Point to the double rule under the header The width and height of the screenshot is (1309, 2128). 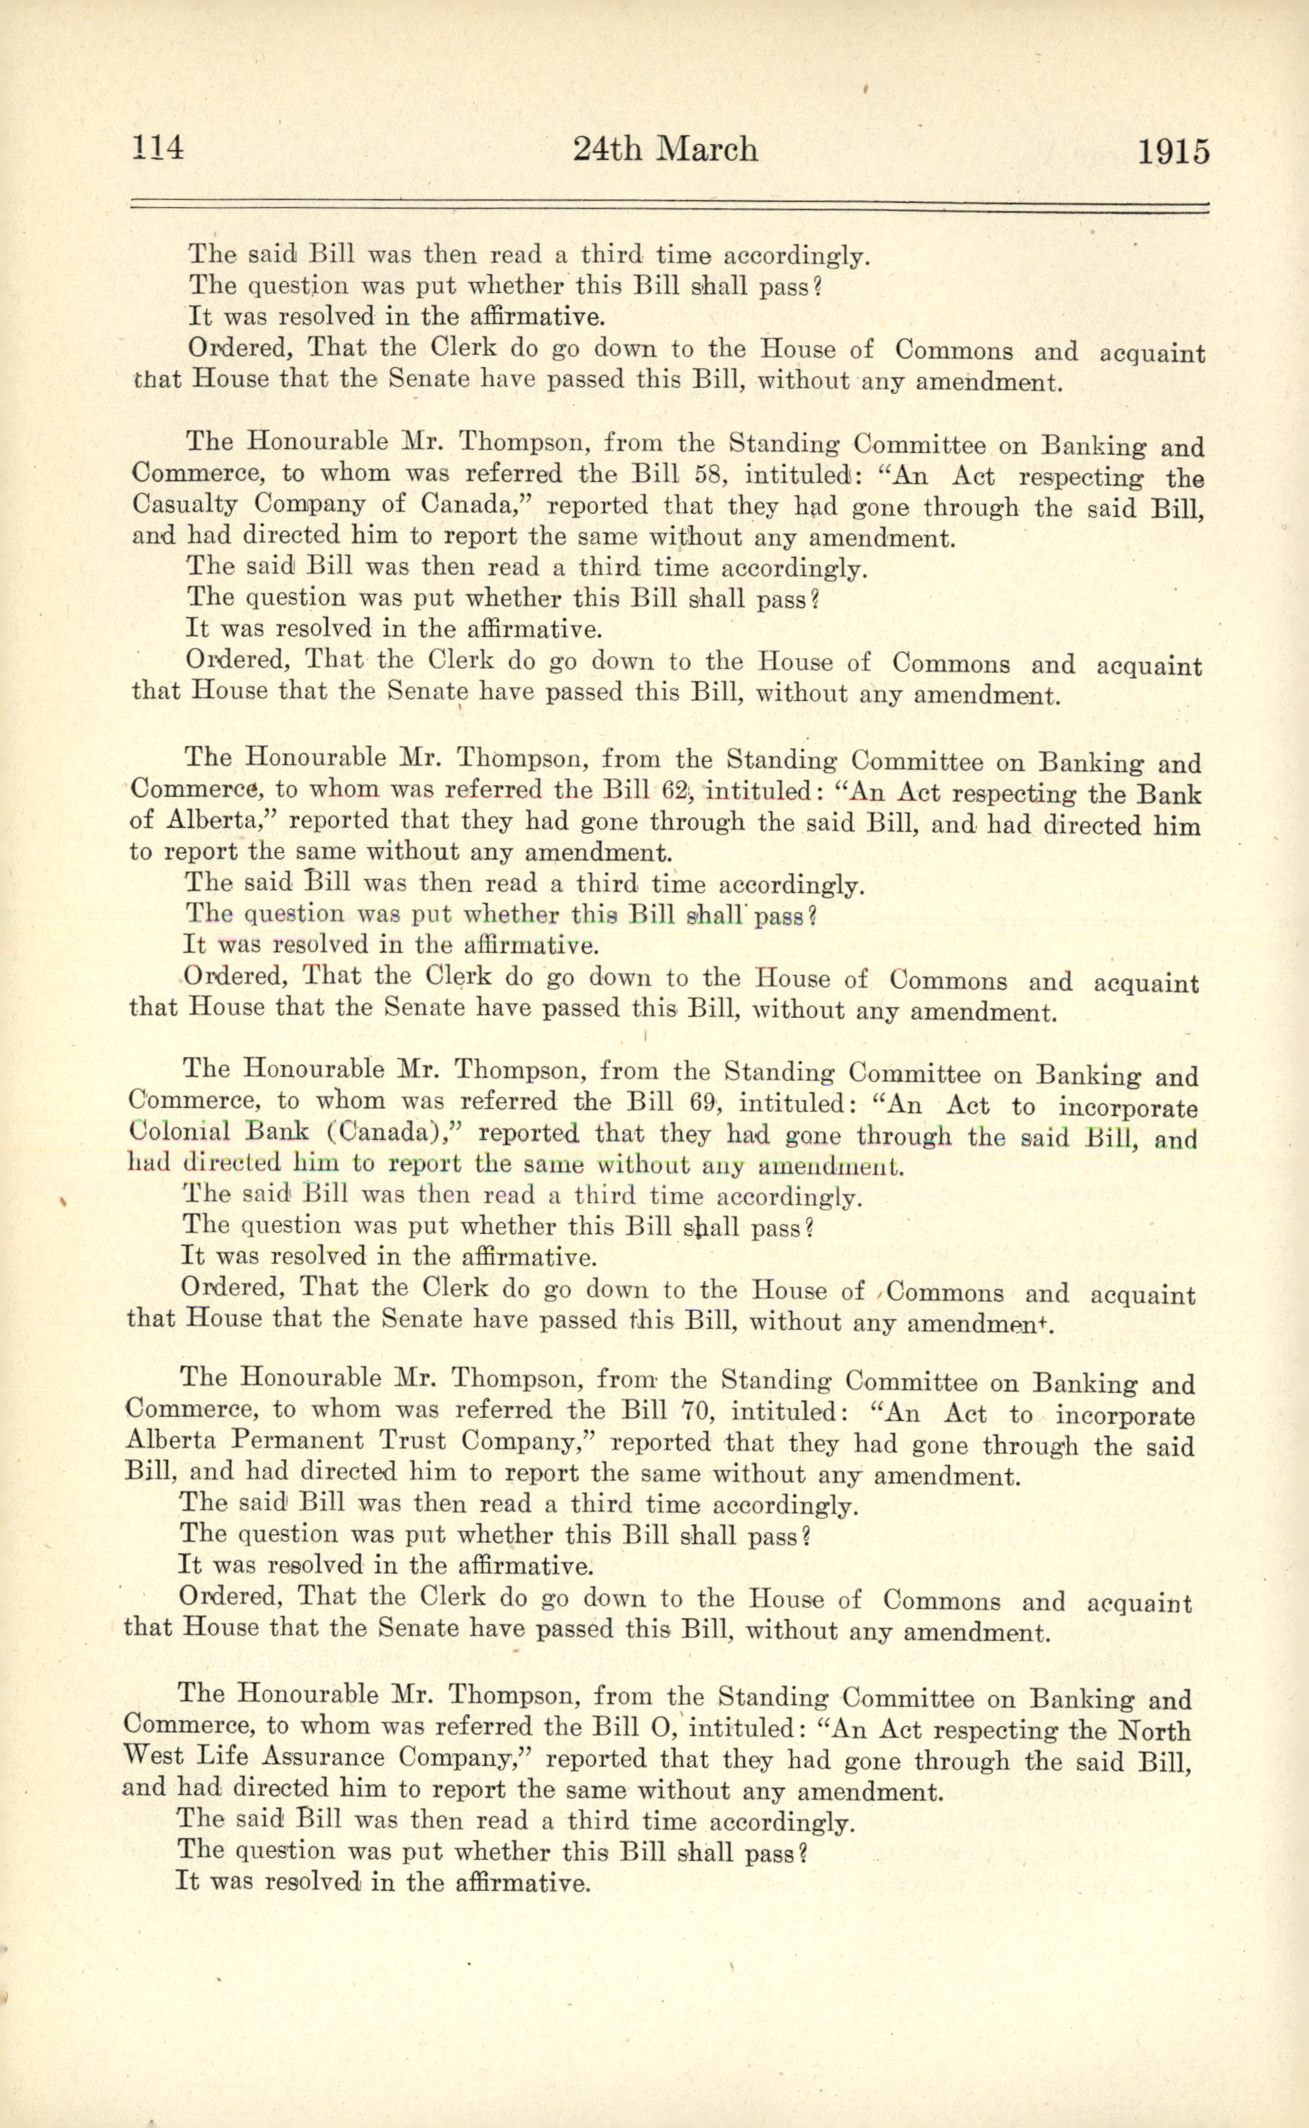pos(669,206)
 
